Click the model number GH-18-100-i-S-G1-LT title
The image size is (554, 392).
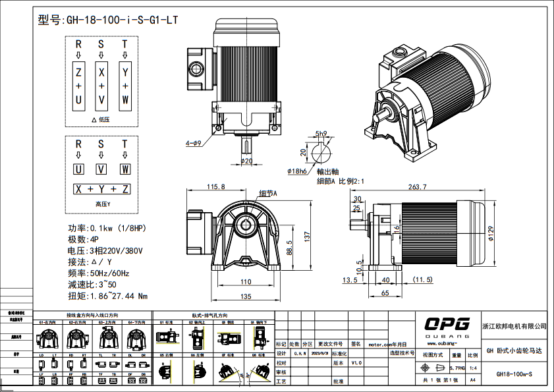[108, 20]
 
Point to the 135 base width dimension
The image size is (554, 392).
[246, 296]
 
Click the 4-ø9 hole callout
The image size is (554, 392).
[193, 142]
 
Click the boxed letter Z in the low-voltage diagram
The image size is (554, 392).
[78, 72]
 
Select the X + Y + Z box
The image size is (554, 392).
[101, 189]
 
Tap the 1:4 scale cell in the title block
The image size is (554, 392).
[473, 368]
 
